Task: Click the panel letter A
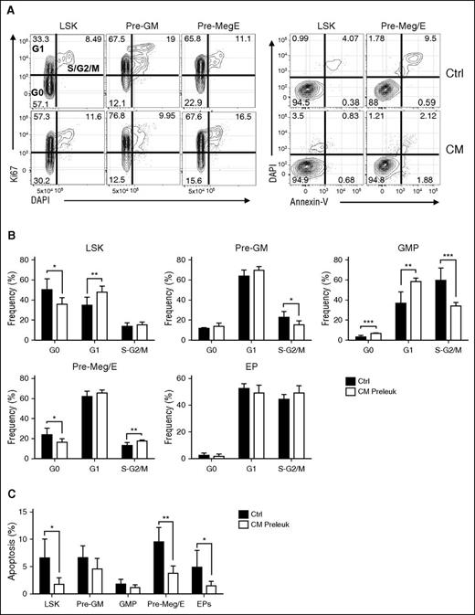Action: [x=8, y=7]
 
